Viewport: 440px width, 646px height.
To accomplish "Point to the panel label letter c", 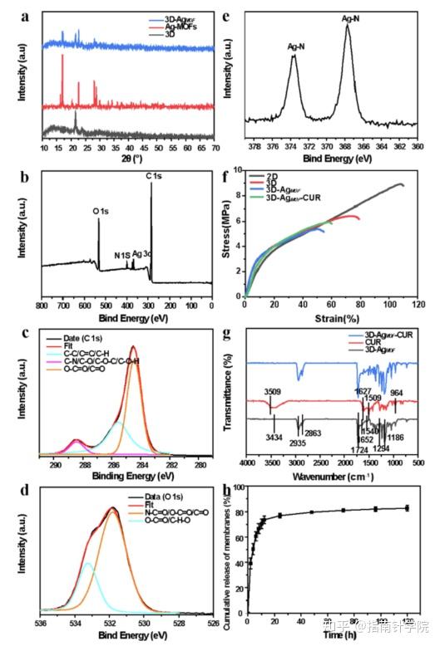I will pos(27,332).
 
